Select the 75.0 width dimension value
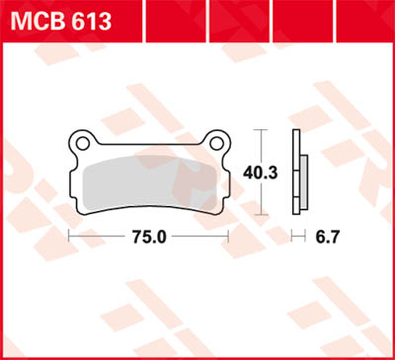147,237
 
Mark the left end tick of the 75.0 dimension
67,237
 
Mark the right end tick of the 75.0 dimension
229,237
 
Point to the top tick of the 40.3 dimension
260,129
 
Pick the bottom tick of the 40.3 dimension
260,214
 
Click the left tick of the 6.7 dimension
293,237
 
